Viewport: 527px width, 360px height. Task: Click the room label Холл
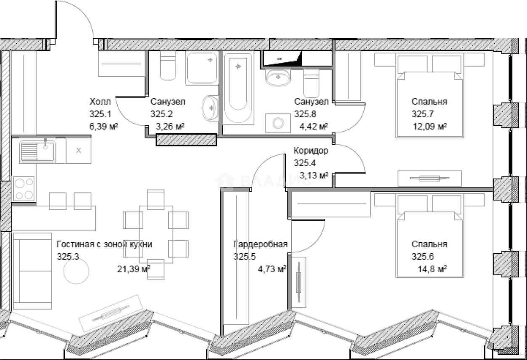pos(100,102)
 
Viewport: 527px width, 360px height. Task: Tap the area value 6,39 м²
pos(103,126)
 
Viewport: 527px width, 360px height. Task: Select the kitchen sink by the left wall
pos(37,151)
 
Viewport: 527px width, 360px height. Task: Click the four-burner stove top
pos(24,188)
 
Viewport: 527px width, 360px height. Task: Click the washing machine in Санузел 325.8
pos(278,123)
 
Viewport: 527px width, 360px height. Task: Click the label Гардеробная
pos(261,244)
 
